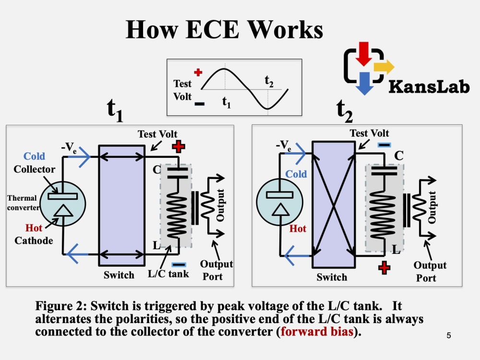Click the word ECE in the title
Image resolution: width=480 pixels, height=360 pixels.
[212, 30]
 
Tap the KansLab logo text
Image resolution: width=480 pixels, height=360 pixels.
[429, 86]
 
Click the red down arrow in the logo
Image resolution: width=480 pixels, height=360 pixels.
[364, 54]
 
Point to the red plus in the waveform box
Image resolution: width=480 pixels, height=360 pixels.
[198, 72]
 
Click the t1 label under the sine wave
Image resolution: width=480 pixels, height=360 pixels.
[226, 102]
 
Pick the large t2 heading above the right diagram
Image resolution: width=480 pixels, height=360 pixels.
[344, 111]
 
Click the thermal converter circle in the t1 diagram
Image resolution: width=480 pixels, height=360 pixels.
[63, 204]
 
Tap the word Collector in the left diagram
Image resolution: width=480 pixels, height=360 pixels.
[34, 169]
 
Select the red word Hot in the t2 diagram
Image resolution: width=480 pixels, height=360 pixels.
[298, 228]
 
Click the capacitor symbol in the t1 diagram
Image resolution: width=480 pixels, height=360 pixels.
[178, 173]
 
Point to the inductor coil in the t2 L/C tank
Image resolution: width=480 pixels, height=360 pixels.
[384, 215]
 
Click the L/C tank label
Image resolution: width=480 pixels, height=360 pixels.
[168, 274]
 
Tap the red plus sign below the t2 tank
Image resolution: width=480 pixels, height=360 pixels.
[384, 268]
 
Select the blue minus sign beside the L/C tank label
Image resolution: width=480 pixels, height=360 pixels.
[179, 265]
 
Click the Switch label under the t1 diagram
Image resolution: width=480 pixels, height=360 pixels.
[119, 275]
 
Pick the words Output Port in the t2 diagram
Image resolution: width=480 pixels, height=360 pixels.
[430, 272]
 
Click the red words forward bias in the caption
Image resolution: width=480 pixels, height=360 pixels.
[317, 332]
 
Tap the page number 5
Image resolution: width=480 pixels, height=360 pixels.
[448, 336]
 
